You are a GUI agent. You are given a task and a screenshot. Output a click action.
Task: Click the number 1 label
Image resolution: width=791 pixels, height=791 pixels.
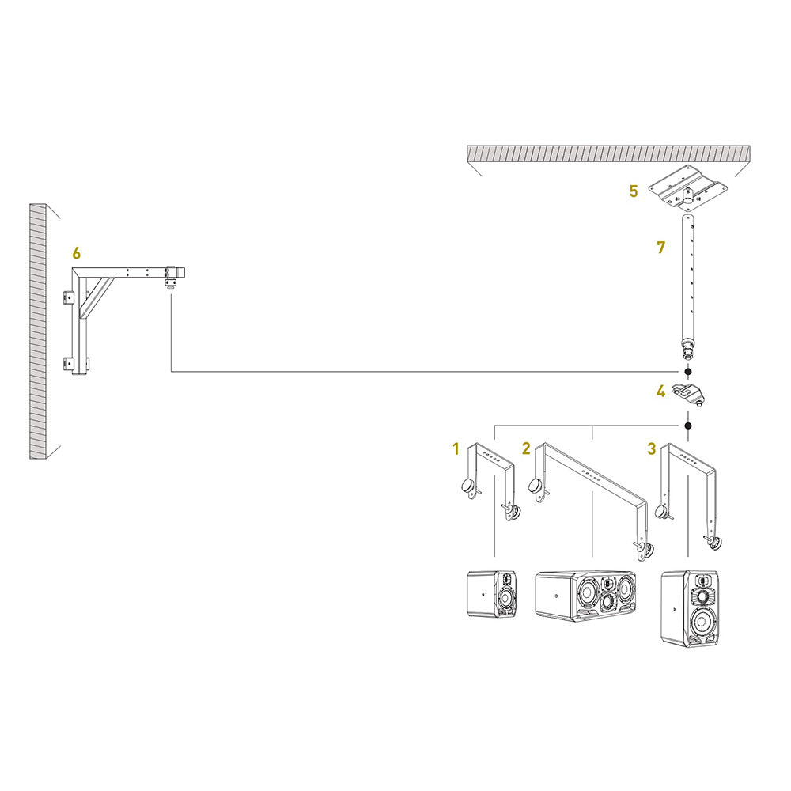click(456, 449)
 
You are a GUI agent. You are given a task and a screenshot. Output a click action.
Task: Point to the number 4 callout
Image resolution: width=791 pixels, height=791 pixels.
click(660, 391)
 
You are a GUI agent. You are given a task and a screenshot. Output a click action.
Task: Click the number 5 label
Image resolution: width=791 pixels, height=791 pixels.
click(633, 191)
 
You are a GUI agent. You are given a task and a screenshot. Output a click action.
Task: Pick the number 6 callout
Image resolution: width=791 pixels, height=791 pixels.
click(76, 253)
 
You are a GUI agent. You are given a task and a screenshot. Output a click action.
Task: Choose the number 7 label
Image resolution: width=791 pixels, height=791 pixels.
click(661, 247)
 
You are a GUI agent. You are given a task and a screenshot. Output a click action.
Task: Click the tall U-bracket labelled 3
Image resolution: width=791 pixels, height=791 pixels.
click(689, 490)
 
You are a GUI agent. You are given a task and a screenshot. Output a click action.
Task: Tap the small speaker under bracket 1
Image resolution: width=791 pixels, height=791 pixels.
click(491, 594)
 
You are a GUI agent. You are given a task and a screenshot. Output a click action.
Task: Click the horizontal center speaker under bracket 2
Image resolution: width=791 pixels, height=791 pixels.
click(586, 596)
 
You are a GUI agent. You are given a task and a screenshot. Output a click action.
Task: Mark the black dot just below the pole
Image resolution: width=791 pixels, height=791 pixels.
click(688, 371)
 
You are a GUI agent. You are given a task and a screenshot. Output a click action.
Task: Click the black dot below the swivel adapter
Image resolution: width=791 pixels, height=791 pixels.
click(688, 426)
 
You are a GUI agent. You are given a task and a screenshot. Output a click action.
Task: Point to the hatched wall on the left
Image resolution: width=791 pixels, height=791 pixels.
click(38, 332)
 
